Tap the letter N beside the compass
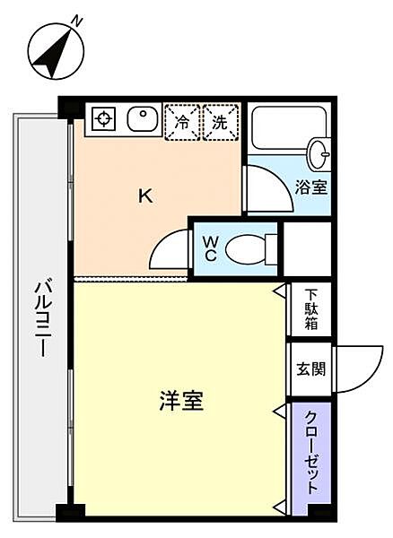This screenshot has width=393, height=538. tap(79, 20)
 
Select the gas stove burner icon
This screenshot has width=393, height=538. tap(102, 119)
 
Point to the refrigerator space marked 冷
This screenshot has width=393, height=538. tap(182, 122)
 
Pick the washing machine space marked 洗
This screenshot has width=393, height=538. tap(220, 122)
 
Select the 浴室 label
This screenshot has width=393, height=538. tap(310, 187)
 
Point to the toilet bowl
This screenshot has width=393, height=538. tap(247, 248)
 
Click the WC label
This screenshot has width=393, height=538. tap(208, 247)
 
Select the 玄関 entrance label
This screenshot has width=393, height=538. tap(310, 369)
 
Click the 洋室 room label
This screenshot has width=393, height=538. tap(179, 402)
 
